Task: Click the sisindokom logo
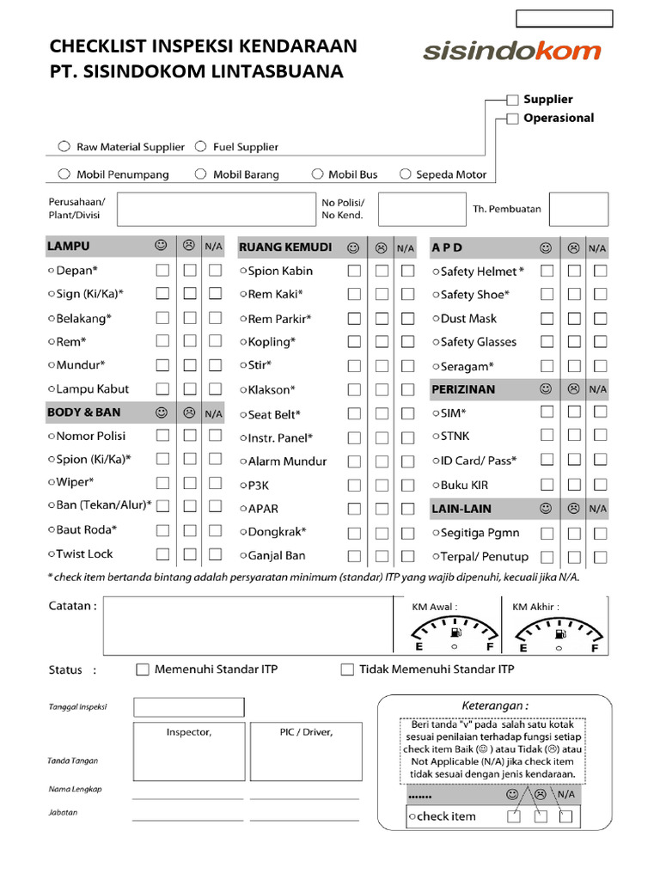(511, 52)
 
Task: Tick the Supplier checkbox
(513, 100)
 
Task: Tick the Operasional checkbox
(513, 119)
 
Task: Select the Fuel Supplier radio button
(200, 147)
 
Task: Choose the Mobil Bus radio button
(317, 174)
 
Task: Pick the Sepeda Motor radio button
(405, 174)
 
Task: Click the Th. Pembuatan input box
(578, 209)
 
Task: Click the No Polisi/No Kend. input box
(410, 209)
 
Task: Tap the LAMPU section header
(69, 247)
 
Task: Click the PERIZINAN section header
(463, 389)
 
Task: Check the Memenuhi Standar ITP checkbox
(144, 669)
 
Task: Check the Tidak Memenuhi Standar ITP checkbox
(347, 669)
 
